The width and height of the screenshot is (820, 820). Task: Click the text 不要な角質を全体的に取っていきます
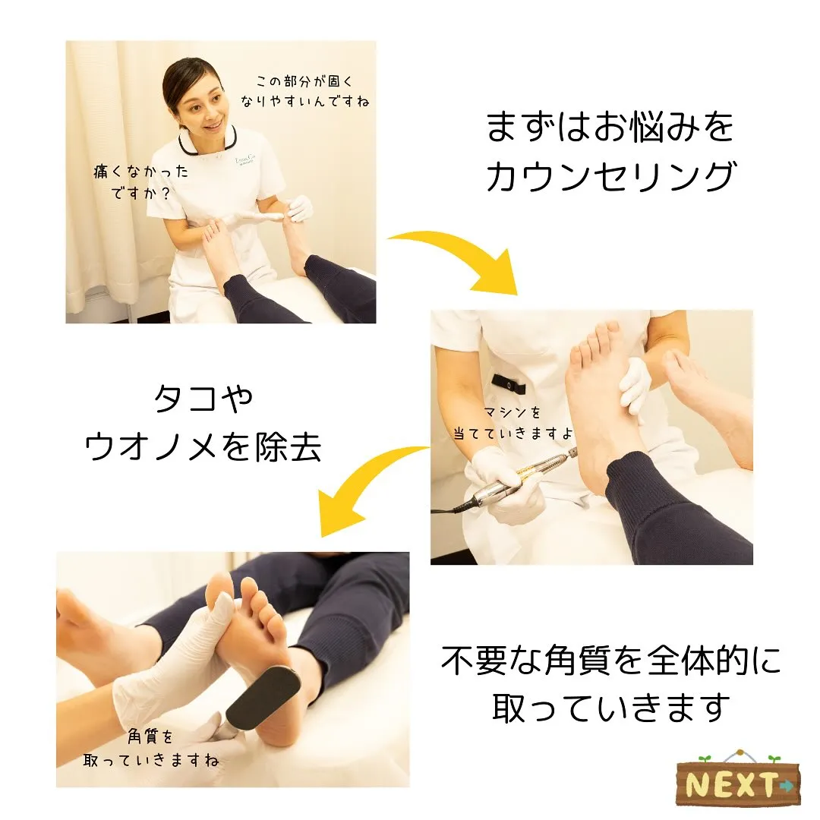[x=611, y=683]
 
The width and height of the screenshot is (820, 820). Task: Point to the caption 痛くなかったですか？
[x=140, y=181]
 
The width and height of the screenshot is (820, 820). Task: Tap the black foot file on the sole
[x=262, y=695]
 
